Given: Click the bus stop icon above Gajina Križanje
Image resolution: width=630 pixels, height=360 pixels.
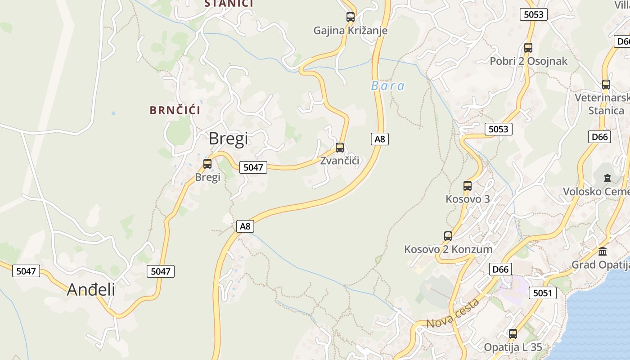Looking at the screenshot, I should [x=350, y=18].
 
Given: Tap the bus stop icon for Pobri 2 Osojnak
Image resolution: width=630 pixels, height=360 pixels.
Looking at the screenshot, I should [x=528, y=48].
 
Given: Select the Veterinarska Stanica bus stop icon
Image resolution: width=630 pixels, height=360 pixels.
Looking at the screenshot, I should [x=606, y=85].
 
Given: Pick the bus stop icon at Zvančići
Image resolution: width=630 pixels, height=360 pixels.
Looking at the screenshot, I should [x=340, y=148].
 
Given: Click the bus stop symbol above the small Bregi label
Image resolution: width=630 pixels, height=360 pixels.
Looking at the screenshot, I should [x=207, y=164].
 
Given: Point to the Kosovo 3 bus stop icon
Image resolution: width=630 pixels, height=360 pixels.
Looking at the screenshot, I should [x=468, y=186].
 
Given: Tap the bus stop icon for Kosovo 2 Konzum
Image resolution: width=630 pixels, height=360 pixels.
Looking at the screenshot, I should [x=448, y=236].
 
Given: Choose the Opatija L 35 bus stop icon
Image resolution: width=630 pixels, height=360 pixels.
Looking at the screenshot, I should [x=513, y=334].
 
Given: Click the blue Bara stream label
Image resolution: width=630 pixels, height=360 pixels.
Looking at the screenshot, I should [x=387, y=86].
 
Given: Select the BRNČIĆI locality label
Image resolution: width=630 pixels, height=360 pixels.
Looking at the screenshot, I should [x=175, y=110].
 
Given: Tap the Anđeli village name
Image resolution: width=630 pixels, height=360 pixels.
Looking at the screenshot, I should [x=91, y=289].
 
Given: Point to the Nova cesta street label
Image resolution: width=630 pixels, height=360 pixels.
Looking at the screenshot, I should [x=453, y=314].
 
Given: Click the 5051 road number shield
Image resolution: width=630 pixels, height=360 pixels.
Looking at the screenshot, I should [x=542, y=293].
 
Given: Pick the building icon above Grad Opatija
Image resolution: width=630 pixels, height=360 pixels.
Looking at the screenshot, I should [x=603, y=252].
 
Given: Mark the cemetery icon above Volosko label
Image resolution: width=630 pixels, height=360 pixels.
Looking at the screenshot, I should [x=607, y=178].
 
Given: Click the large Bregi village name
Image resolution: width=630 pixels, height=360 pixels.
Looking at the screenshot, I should [x=228, y=139].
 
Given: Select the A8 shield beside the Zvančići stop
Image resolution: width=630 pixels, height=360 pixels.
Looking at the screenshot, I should [x=380, y=139].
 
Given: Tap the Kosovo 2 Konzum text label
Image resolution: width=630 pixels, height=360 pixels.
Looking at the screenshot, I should [x=448, y=249].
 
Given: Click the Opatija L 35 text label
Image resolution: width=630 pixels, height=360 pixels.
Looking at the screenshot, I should [x=513, y=347].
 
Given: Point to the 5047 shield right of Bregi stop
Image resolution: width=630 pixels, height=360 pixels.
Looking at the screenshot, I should [x=253, y=167].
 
